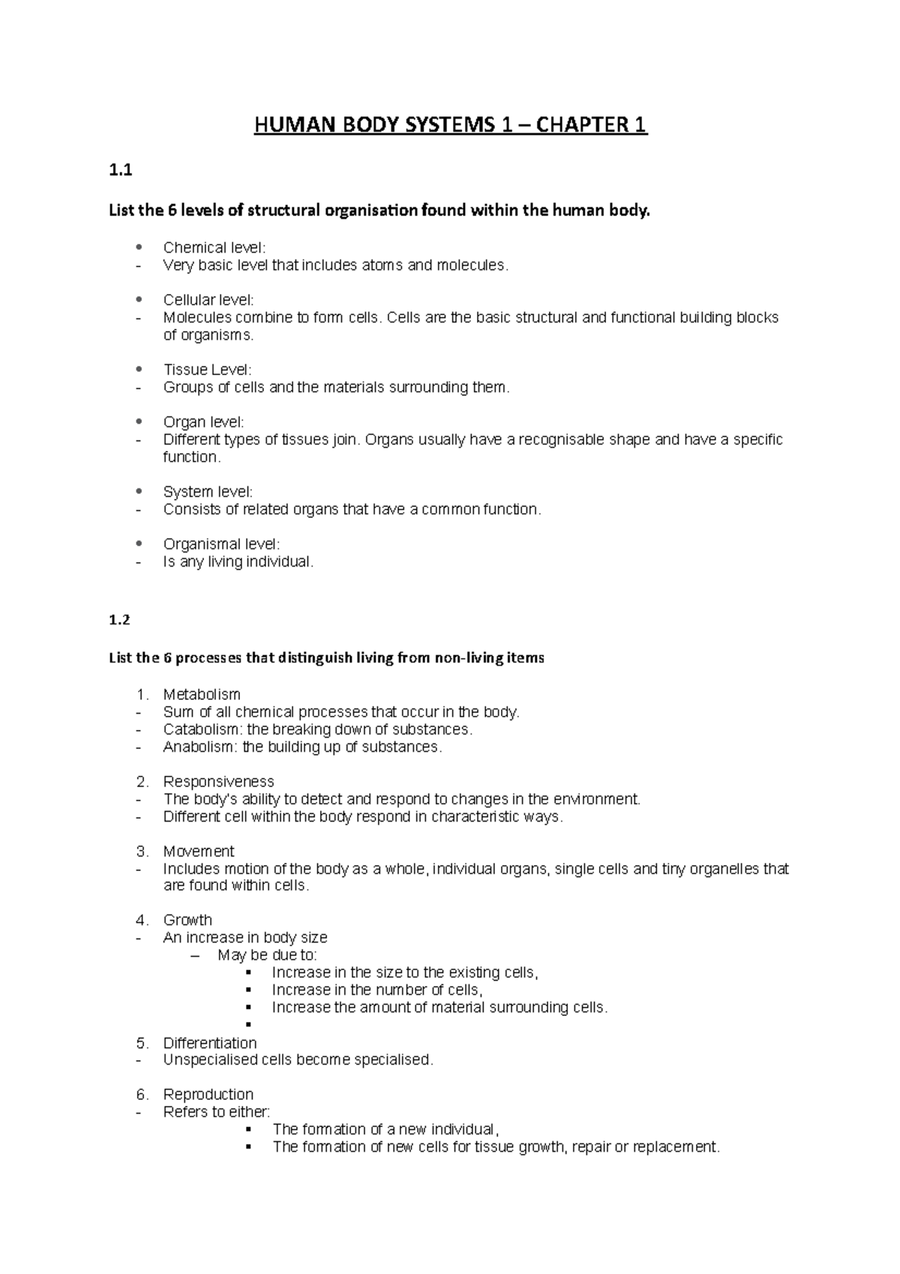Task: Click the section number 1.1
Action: tap(120, 170)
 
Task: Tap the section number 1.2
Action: tap(119, 620)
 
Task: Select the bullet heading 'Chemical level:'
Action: tap(214, 248)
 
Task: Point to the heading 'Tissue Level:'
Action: tap(207, 370)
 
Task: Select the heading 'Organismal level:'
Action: tap(220, 544)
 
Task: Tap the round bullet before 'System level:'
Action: tap(139, 491)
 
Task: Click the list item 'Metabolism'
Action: tap(201, 695)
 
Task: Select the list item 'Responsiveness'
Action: tap(218, 782)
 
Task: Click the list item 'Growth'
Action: tap(187, 921)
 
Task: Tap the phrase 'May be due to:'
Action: tap(267, 955)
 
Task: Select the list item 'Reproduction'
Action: tap(208, 1095)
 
